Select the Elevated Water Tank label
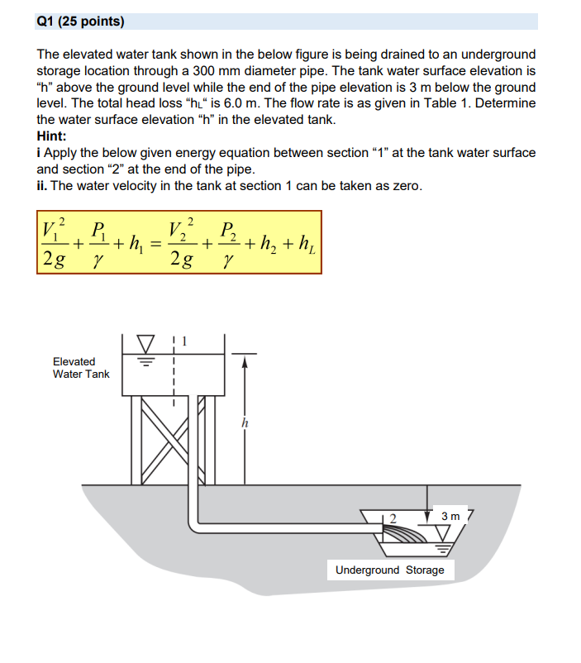80,368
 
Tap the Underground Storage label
389,570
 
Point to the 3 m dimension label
450,516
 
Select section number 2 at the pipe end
393,518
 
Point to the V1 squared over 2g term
55,242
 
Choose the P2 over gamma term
231,242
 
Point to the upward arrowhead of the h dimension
244,360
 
